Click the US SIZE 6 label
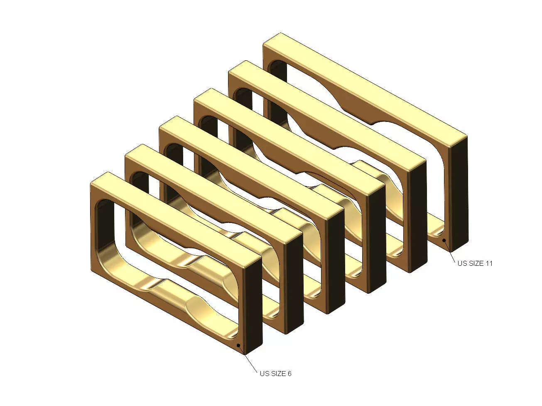[275, 374]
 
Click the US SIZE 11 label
[475, 263]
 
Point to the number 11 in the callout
[489, 263]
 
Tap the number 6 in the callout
[289, 374]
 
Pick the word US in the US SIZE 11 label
[462, 263]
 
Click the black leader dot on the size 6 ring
[238, 345]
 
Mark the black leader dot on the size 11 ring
[444, 240]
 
